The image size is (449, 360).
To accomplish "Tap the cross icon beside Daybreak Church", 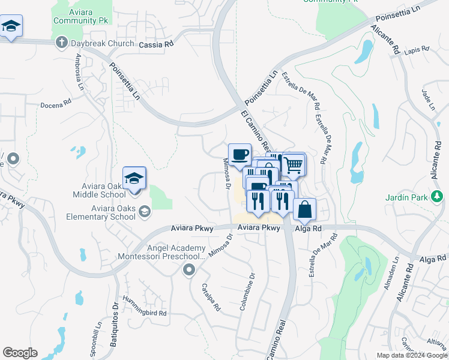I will [61, 43].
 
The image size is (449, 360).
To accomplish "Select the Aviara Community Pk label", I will [76, 16].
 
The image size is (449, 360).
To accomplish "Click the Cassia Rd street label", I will [156, 44].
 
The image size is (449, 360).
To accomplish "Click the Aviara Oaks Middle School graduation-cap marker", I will [134, 178].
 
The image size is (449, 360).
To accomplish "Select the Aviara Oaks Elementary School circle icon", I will [144, 211].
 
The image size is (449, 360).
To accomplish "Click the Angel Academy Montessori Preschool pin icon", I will [190, 270].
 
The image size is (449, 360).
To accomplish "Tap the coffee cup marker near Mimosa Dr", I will [240, 154].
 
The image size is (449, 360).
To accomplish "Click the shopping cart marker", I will [292, 164].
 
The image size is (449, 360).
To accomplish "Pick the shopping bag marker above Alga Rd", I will [305, 209].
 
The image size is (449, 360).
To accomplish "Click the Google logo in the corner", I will [20, 353].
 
